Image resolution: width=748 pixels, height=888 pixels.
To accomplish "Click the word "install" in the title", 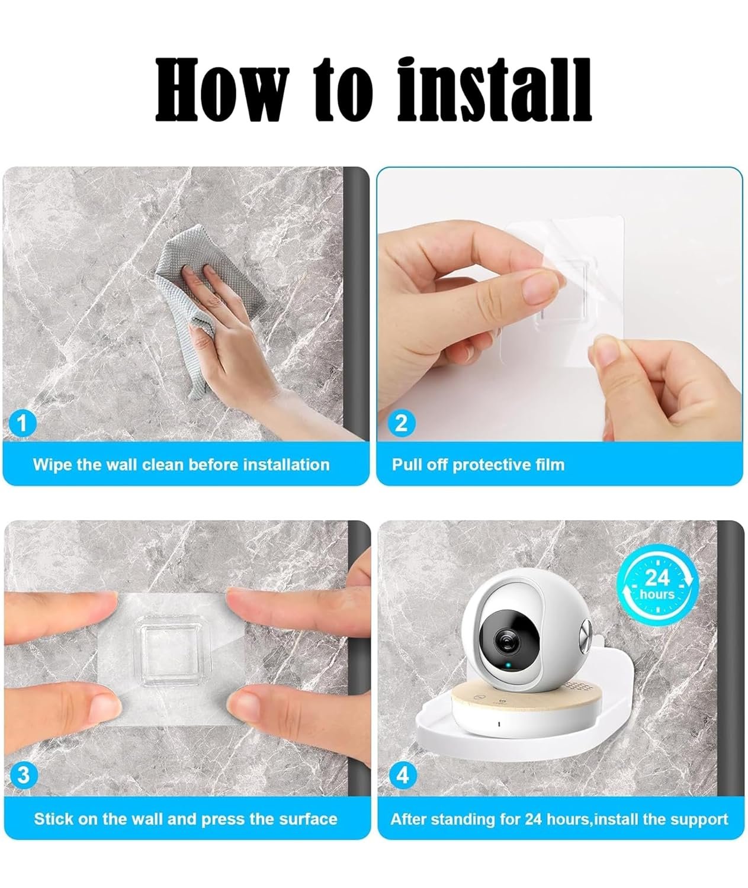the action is (494, 90).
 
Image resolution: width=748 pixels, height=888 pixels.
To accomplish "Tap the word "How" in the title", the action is (222, 90).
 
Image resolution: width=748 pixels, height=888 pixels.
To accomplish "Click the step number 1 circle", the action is (23, 423).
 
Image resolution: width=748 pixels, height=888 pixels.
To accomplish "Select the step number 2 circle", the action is (401, 423).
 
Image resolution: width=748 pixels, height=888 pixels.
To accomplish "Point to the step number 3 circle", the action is (24, 774).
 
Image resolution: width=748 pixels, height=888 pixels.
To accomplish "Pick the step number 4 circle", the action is (403, 774).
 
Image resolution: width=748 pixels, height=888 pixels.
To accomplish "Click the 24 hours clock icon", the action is (657, 585).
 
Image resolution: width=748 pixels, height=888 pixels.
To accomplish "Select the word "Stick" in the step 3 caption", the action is (54, 819).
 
